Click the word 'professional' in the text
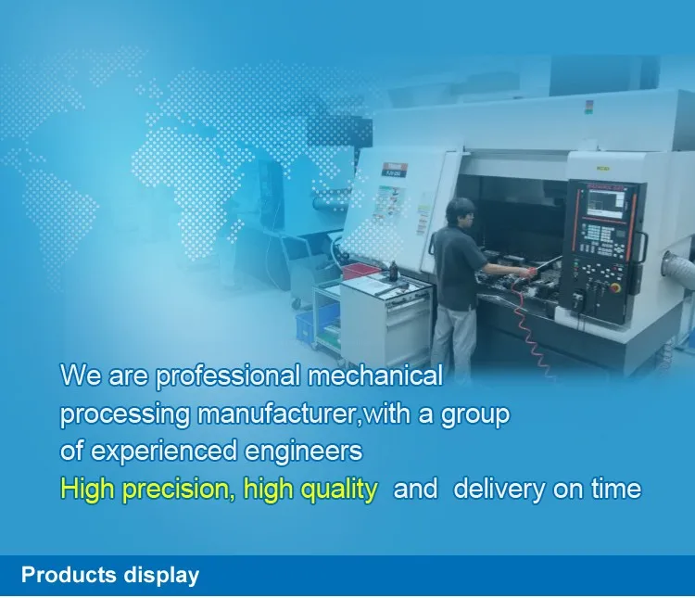point(227,376)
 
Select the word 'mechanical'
point(375,375)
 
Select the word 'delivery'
point(499,490)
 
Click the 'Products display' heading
point(110,575)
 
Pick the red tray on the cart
point(361,271)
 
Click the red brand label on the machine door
point(394,170)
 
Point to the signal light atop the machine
point(588,107)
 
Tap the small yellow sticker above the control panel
point(602,169)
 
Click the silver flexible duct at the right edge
point(679,265)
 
